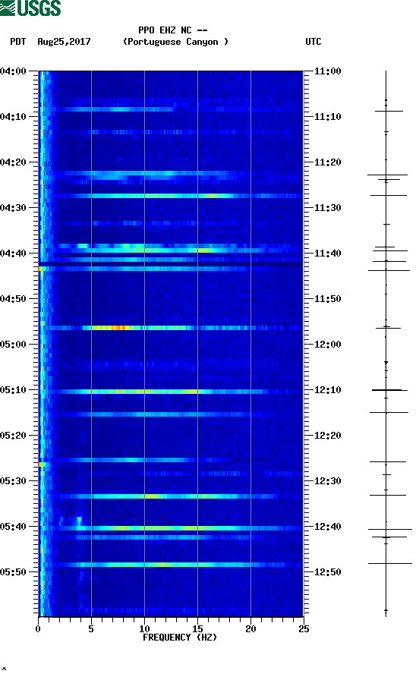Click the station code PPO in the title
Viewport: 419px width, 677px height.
pos(146,31)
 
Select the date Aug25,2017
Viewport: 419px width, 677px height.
pos(64,42)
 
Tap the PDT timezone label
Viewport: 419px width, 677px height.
pos(18,42)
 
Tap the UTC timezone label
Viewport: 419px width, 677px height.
pos(313,42)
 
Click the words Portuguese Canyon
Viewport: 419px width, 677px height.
pos(175,42)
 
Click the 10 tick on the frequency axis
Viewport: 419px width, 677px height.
pos(144,628)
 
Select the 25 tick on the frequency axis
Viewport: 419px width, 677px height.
pos(304,628)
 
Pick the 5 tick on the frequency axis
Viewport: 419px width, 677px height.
pos(91,628)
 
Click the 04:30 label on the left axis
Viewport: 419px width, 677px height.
pos(14,208)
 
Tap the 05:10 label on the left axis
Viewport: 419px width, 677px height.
pos(14,390)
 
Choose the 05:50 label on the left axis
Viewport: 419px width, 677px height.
pos(14,572)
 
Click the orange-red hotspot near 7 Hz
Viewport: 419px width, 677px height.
pos(118,328)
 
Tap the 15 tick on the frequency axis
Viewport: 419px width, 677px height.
pos(197,628)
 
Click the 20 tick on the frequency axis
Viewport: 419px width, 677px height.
pos(250,628)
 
